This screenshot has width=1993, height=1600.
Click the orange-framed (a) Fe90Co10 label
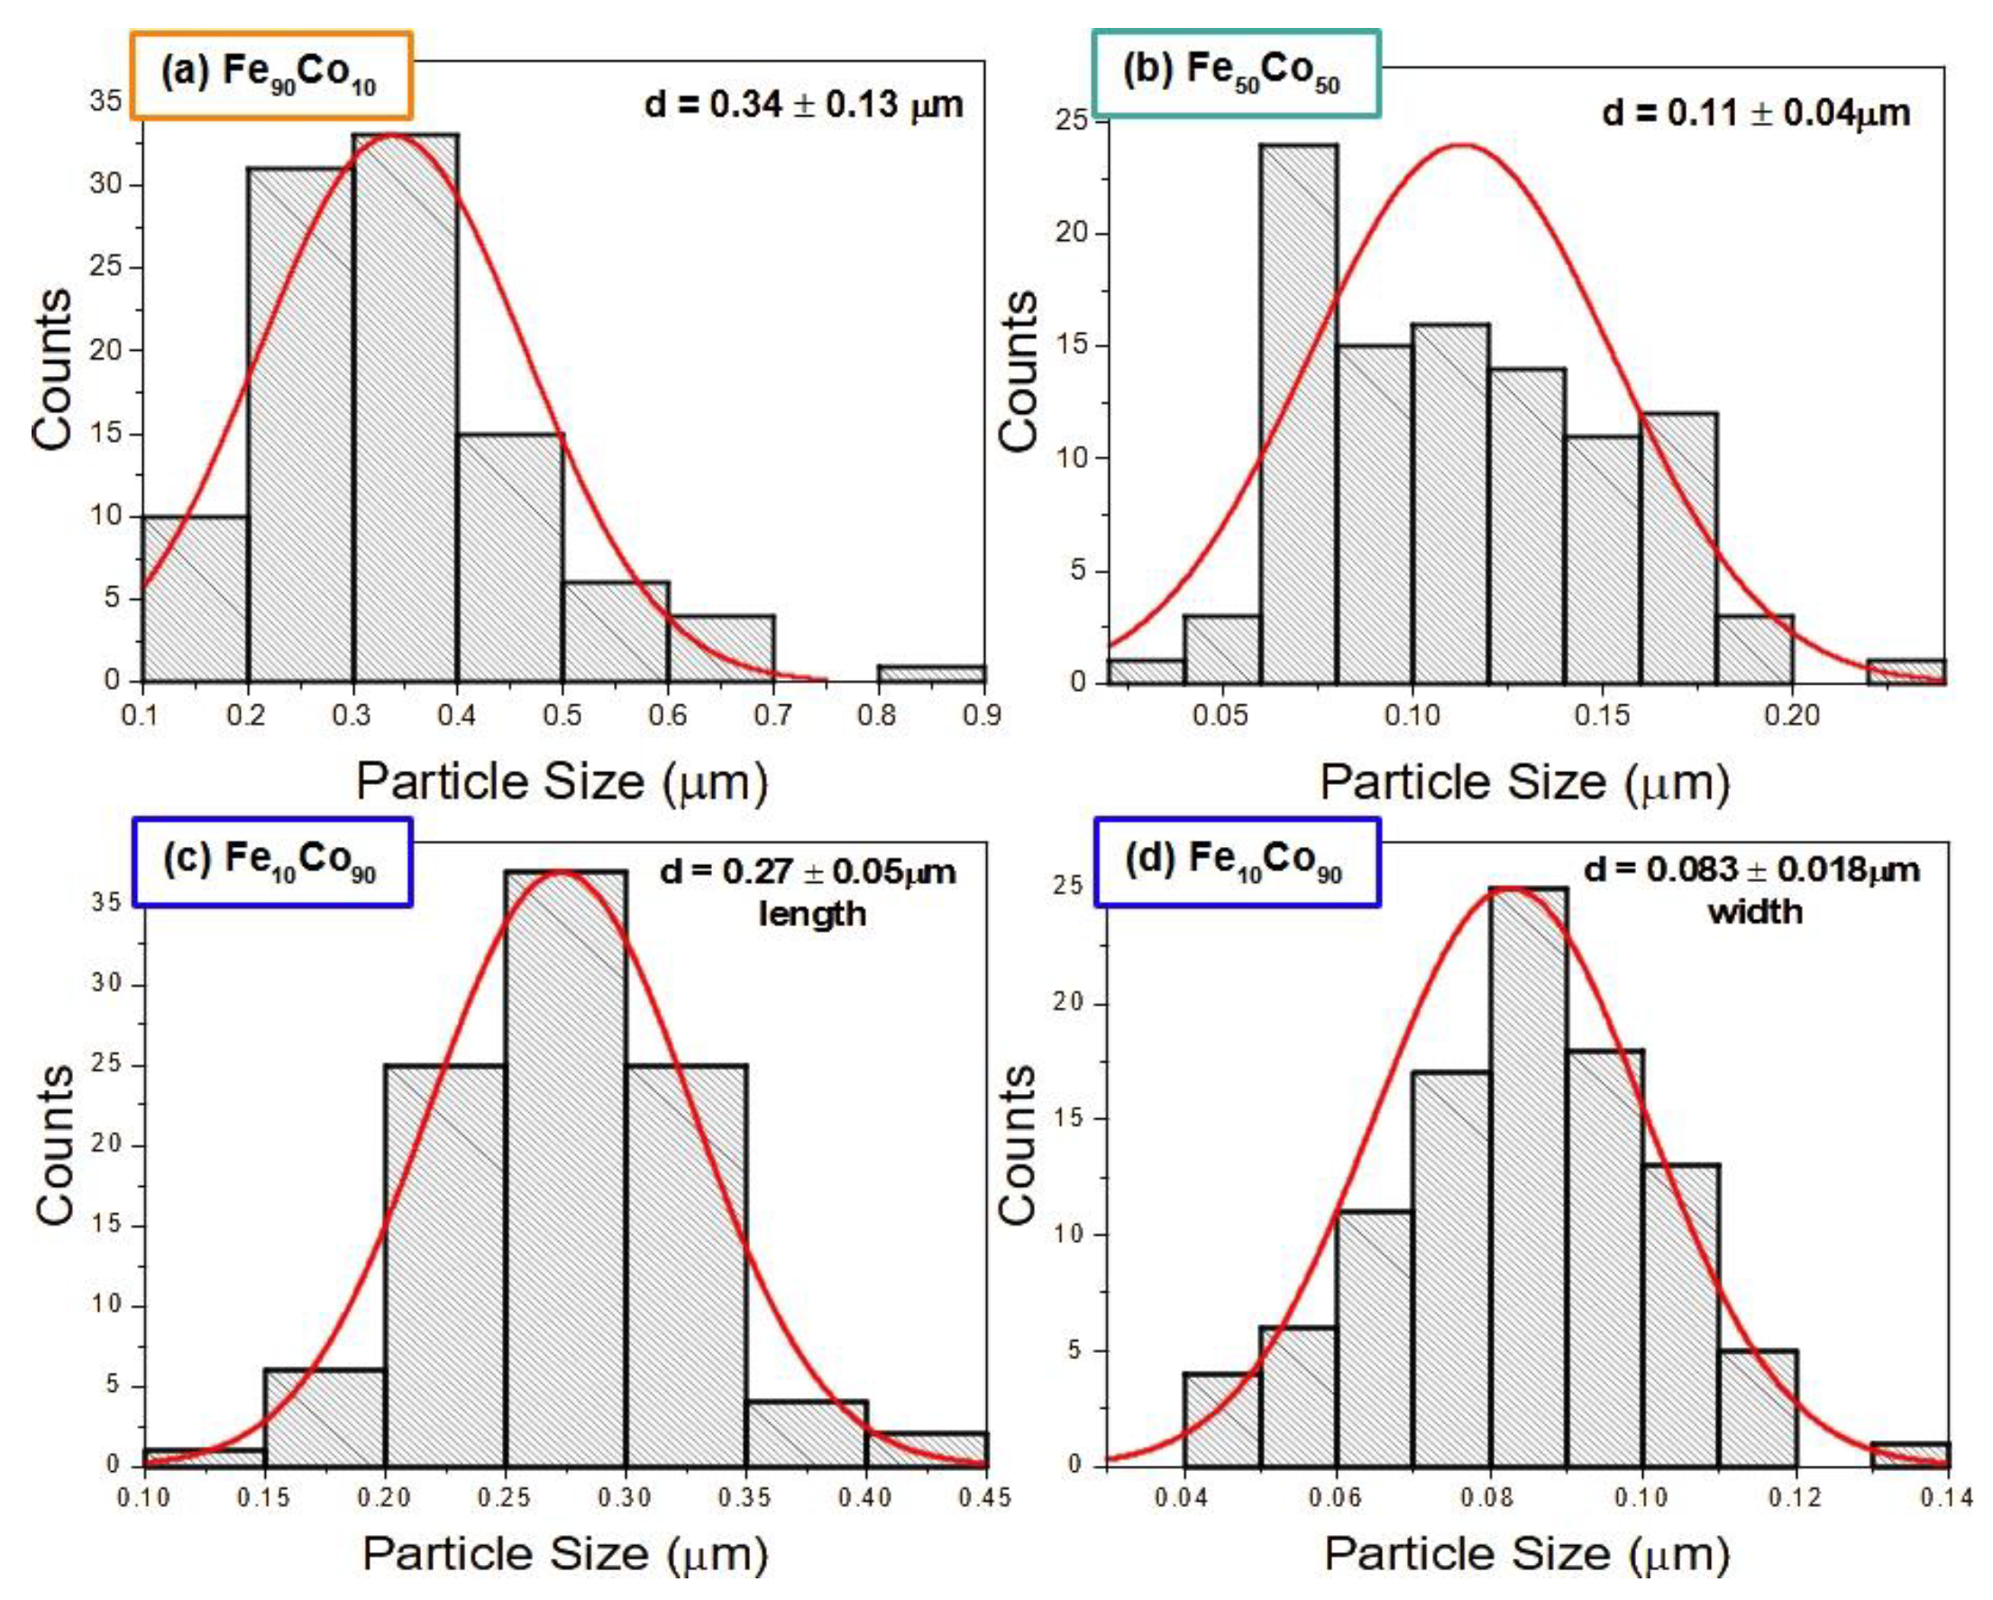(x=270, y=75)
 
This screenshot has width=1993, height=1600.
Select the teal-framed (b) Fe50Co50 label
(x=1235, y=73)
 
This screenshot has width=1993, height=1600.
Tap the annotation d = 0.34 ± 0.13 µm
(x=803, y=105)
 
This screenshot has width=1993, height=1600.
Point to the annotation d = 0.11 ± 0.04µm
(x=1755, y=113)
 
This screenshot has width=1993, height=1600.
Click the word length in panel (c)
(x=811, y=914)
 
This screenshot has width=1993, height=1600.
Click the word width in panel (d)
(x=1754, y=912)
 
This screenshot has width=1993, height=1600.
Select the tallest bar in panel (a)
(x=405, y=407)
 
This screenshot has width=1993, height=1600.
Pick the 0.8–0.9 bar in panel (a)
(x=931, y=674)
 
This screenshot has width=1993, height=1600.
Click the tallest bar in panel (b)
(x=1298, y=413)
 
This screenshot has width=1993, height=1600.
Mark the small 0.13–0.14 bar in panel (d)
(x=1909, y=1455)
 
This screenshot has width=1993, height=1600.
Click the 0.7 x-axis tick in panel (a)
(x=773, y=714)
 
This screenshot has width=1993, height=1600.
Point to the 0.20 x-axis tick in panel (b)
(x=1791, y=715)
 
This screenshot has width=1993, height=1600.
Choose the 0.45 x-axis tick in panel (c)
(x=985, y=1496)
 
